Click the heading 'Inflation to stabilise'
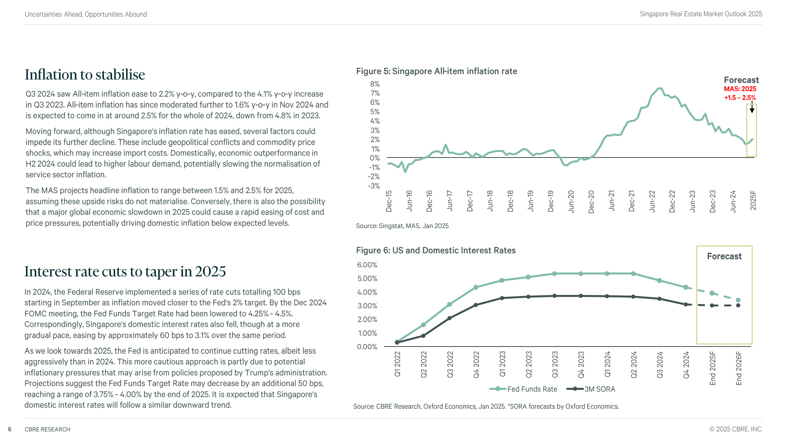85,75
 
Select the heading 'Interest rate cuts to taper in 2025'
125,272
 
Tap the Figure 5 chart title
436,71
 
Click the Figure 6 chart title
436,250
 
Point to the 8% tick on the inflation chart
375,84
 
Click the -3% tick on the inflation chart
374,186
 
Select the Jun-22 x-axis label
652,201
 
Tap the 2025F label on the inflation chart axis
753,200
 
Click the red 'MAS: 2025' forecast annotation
740,89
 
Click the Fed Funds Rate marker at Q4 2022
476,287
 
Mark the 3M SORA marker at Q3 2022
449,318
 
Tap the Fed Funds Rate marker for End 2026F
738,300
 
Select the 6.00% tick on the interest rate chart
367,265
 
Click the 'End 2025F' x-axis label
713,369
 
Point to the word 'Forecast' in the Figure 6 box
724,256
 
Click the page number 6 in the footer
10,429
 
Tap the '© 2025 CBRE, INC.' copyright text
735,429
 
